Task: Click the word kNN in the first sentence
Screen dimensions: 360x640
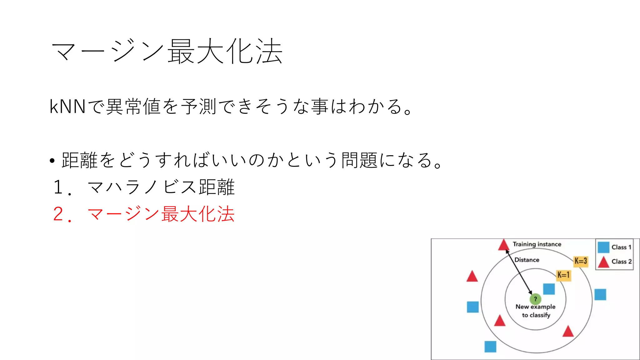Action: (67, 107)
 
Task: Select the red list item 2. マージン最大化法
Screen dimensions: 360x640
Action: (144, 214)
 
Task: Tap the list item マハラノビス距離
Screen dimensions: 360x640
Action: (161, 187)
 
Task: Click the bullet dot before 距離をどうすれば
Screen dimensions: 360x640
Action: (52, 161)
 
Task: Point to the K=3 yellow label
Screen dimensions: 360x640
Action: (581, 261)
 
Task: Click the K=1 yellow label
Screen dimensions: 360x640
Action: (563, 275)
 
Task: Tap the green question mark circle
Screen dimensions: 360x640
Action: (535, 299)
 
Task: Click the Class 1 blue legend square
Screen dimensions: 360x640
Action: (603, 247)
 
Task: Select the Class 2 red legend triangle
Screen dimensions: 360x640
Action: (603, 262)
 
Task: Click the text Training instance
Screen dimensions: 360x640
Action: (537, 244)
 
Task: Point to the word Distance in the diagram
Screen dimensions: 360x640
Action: (527, 260)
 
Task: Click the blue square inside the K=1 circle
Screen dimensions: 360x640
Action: (549, 289)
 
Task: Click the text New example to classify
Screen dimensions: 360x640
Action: (536, 311)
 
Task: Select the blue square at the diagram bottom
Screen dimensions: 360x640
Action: (490, 347)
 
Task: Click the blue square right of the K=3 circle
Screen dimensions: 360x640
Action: (600, 294)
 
